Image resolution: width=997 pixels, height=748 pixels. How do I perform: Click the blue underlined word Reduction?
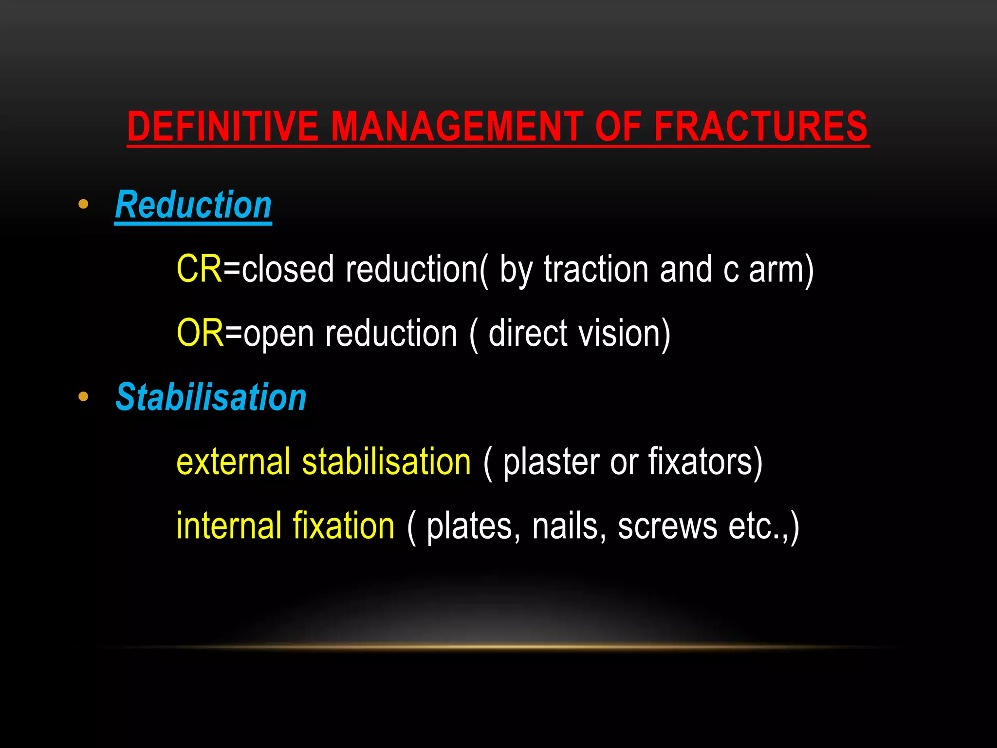(193, 205)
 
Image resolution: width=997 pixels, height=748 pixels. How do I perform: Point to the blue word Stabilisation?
(211, 397)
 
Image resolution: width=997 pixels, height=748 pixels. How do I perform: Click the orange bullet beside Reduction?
(83, 204)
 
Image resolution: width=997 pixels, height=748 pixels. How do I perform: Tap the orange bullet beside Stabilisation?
(83, 396)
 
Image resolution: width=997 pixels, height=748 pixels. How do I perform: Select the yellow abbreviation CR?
(199, 269)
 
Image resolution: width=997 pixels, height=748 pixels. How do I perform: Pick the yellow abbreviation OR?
(200, 333)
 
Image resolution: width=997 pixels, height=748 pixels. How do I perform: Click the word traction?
(596, 269)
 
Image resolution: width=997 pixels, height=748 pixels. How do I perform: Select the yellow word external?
(233, 462)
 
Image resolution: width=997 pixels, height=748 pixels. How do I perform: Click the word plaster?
(551, 462)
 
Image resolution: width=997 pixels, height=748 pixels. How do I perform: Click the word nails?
(565, 526)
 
